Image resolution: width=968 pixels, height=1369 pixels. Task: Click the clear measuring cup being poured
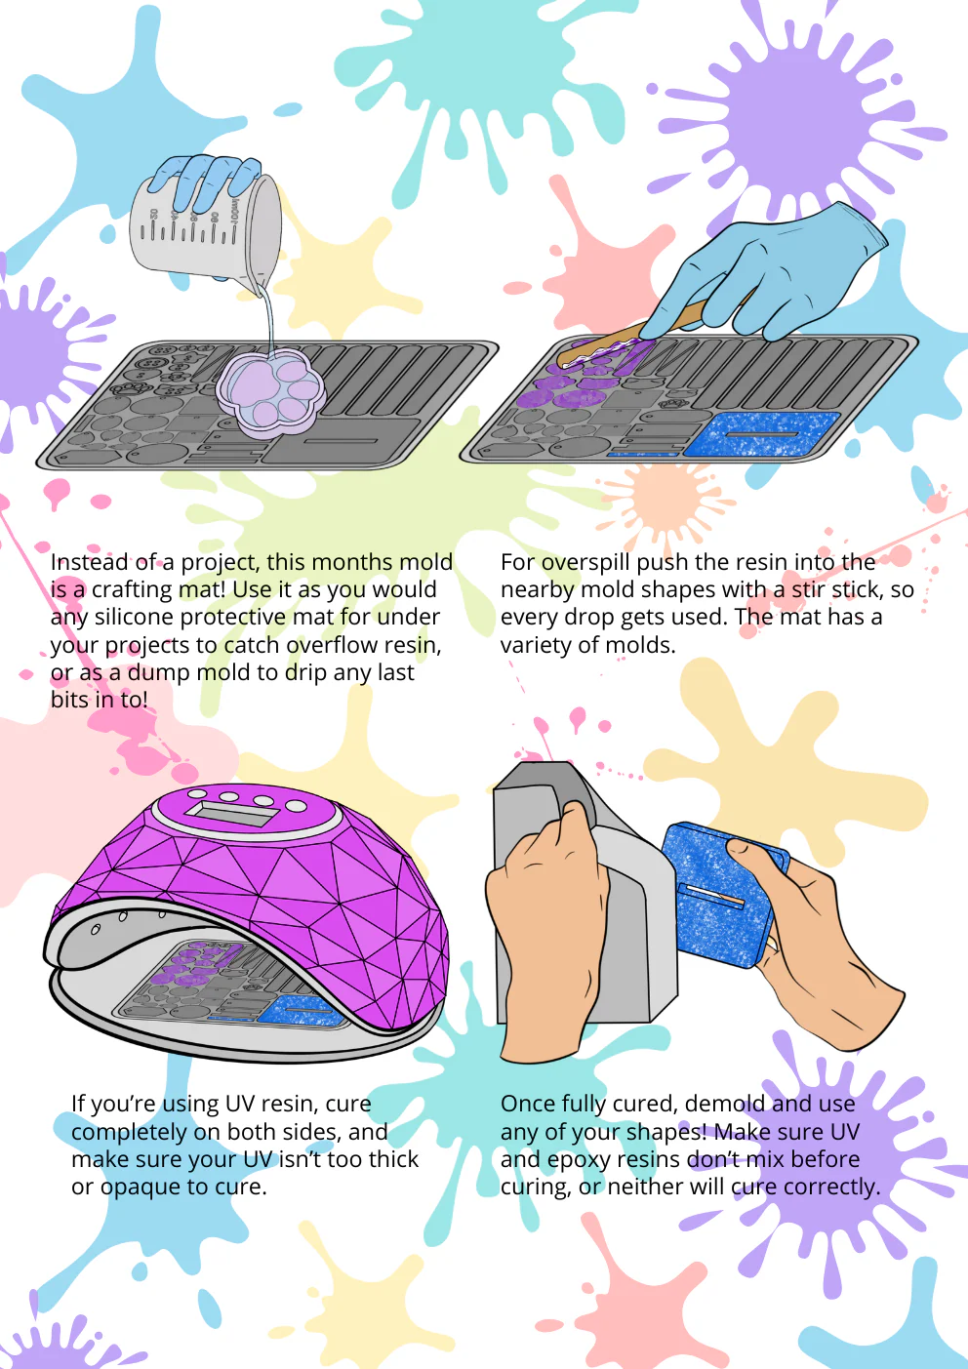coord(205,235)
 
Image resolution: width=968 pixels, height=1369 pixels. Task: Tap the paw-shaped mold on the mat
coord(270,391)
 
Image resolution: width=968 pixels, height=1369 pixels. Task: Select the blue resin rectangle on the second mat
coord(762,433)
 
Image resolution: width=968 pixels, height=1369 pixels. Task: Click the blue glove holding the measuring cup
coord(205,181)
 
